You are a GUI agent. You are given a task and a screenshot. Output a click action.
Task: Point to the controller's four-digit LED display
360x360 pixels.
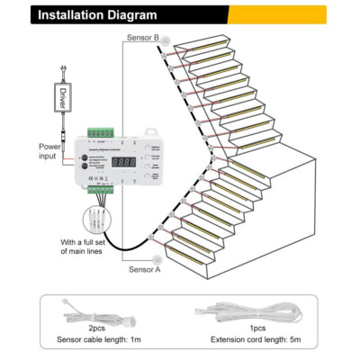[122, 163]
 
